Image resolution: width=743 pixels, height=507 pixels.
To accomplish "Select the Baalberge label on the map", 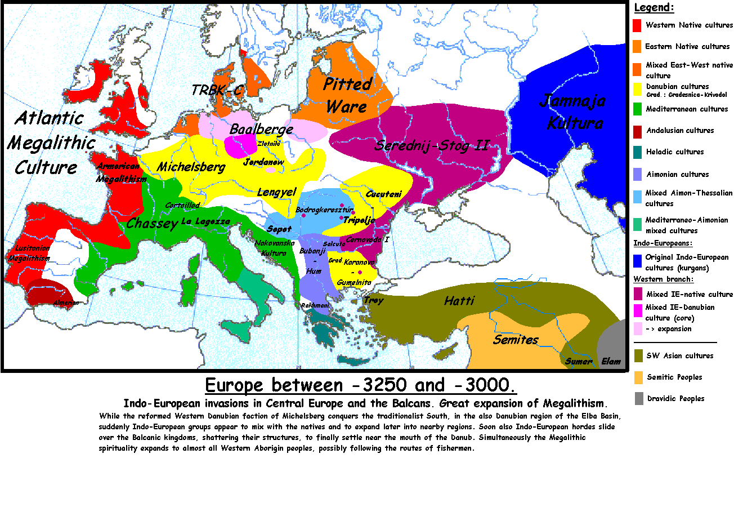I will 261,129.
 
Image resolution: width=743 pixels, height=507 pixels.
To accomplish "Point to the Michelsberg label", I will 191,167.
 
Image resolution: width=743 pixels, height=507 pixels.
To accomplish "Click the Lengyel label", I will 276,192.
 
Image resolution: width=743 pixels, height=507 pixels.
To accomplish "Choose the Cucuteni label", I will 384,194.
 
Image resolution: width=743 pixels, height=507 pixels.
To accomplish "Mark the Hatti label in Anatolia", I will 459,301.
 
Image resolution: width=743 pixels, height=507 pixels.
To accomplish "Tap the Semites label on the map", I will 516,340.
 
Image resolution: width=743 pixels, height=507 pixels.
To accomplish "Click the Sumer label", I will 579,361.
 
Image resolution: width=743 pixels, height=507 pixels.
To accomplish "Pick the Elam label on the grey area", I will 611,361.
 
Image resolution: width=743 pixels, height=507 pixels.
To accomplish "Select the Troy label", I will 373,300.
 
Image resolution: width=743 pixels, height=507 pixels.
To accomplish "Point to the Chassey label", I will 152,224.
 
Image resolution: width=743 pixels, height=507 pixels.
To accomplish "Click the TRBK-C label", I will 217,90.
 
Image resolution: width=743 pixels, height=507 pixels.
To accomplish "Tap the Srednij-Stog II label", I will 432,146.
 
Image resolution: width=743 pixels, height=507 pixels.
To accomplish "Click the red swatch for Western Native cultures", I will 637,25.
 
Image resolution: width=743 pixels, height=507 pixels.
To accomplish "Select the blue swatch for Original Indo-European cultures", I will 637,261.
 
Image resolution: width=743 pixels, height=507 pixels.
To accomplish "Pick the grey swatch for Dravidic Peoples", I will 639,398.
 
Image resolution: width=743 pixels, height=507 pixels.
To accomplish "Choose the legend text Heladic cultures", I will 675,152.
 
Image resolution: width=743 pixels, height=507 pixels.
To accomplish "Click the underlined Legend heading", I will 654,8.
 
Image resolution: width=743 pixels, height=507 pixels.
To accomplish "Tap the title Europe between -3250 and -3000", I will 360,385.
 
